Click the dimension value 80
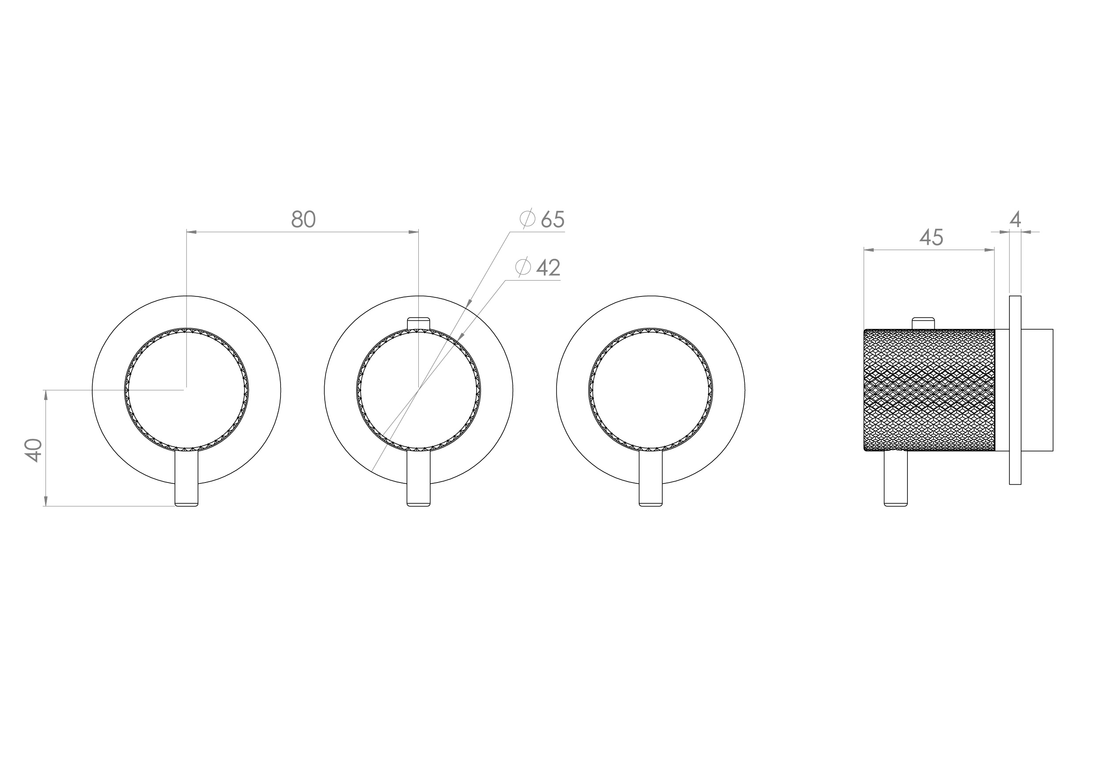click(303, 219)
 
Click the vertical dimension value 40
click(34, 450)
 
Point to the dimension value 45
click(931, 237)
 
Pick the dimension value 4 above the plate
click(1015, 219)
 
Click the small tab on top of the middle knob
click(418, 323)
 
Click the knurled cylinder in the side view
click(929, 390)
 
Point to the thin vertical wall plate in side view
click(1015, 390)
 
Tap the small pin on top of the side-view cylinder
click(923, 323)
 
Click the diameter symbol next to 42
click(523, 267)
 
